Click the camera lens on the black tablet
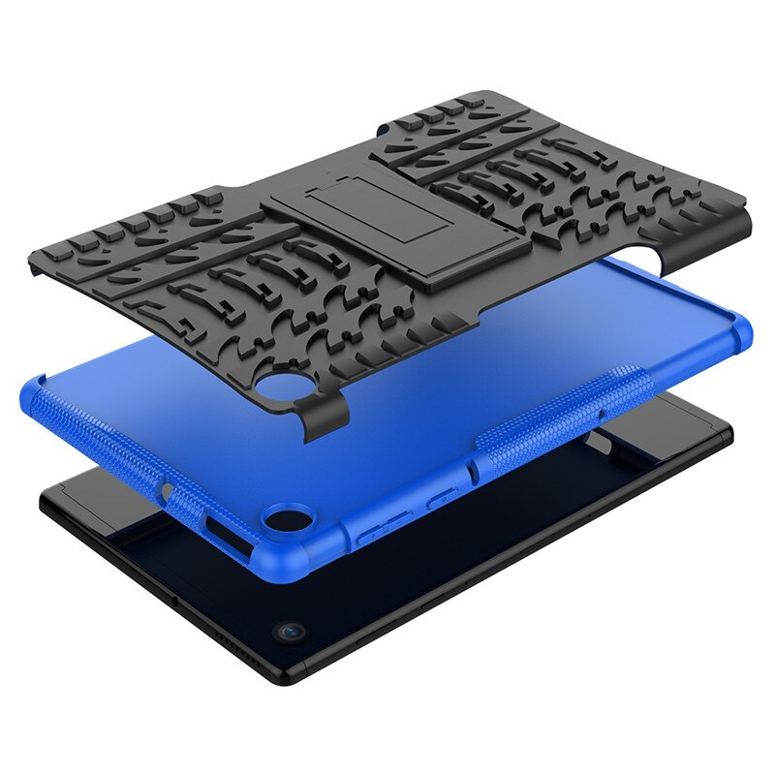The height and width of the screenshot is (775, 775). click(290, 631)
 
